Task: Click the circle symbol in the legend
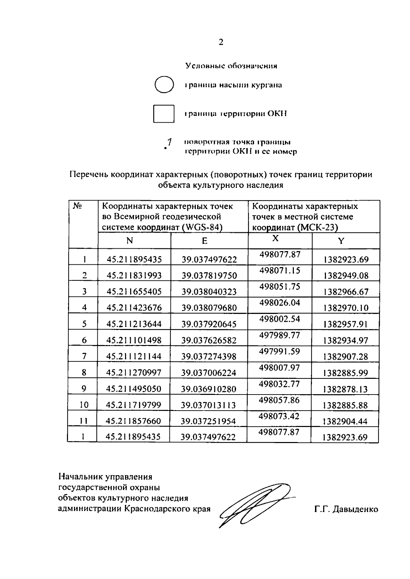[164, 85]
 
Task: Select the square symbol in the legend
[164, 114]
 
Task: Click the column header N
[129, 241]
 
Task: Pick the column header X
[275, 238]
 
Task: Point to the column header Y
[341, 241]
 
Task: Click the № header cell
[77, 206]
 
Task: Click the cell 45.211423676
[134, 308]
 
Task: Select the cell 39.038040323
[209, 292]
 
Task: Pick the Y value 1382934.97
[346, 340]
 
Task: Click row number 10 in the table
[84, 405]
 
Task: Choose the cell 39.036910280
[208, 389]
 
